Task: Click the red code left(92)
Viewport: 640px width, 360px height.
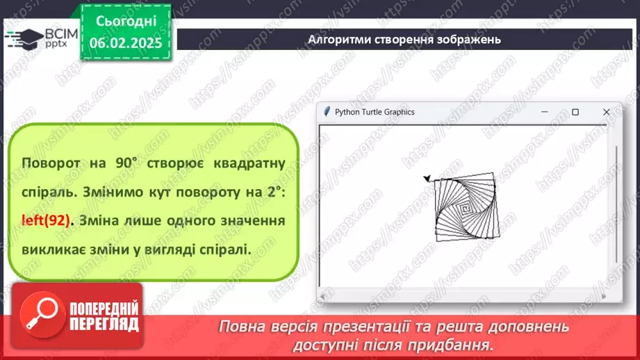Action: [46, 221]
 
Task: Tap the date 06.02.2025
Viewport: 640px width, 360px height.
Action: [126, 43]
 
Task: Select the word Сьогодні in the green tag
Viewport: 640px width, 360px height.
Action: [126, 22]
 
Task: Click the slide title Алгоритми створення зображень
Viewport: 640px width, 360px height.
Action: [404, 40]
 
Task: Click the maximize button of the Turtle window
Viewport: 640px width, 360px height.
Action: [575, 112]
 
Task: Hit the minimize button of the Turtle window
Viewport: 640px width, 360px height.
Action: [545, 112]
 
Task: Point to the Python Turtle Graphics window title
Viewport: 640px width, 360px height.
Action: [375, 112]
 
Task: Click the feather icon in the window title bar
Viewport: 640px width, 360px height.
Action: [327, 112]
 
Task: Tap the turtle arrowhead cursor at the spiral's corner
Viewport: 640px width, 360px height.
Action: [427, 178]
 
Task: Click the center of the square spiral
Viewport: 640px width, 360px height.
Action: [465, 209]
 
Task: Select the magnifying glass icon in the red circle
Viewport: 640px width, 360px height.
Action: [42, 314]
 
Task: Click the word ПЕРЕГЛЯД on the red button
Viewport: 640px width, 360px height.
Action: [104, 324]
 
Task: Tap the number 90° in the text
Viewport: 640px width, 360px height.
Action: [126, 163]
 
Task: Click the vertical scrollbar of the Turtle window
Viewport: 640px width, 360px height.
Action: [616, 204]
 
